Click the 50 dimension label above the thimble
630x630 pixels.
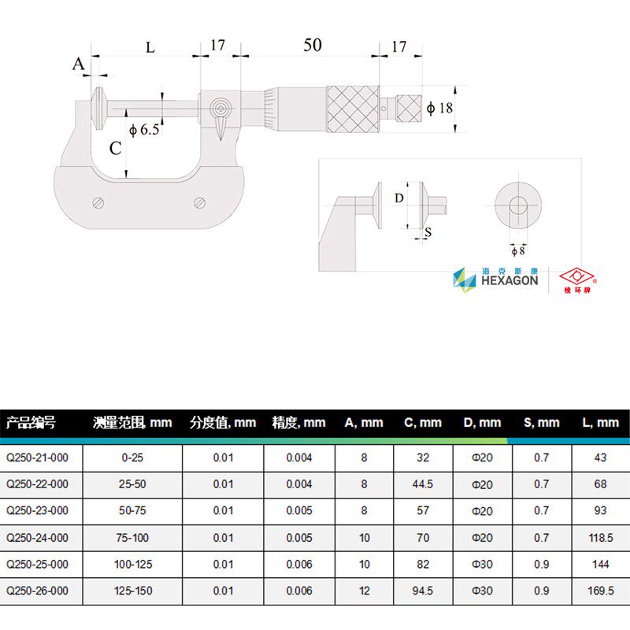click(x=312, y=45)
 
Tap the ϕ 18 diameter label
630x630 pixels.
click(x=439, y=108)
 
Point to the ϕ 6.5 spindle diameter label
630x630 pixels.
click(x=144, y=129)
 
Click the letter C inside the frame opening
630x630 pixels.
click(x=115, y=148)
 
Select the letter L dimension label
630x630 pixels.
click(x=150, y=48)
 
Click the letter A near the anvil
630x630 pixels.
click(x=79, y=64)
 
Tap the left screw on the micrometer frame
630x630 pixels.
click(x=98, y=203)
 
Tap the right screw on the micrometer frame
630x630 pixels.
click(x=200, y=203)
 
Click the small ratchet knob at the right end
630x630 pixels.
click(x=409, y=108)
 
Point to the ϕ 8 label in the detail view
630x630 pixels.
click(x=518, y=251)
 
